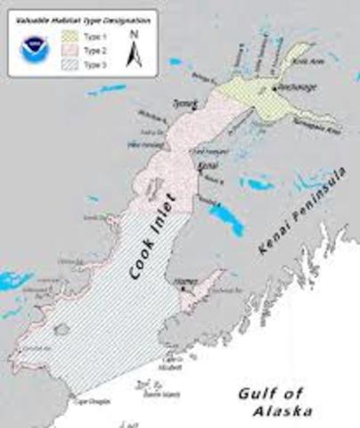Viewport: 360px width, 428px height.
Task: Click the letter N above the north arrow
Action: pos(132,36)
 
